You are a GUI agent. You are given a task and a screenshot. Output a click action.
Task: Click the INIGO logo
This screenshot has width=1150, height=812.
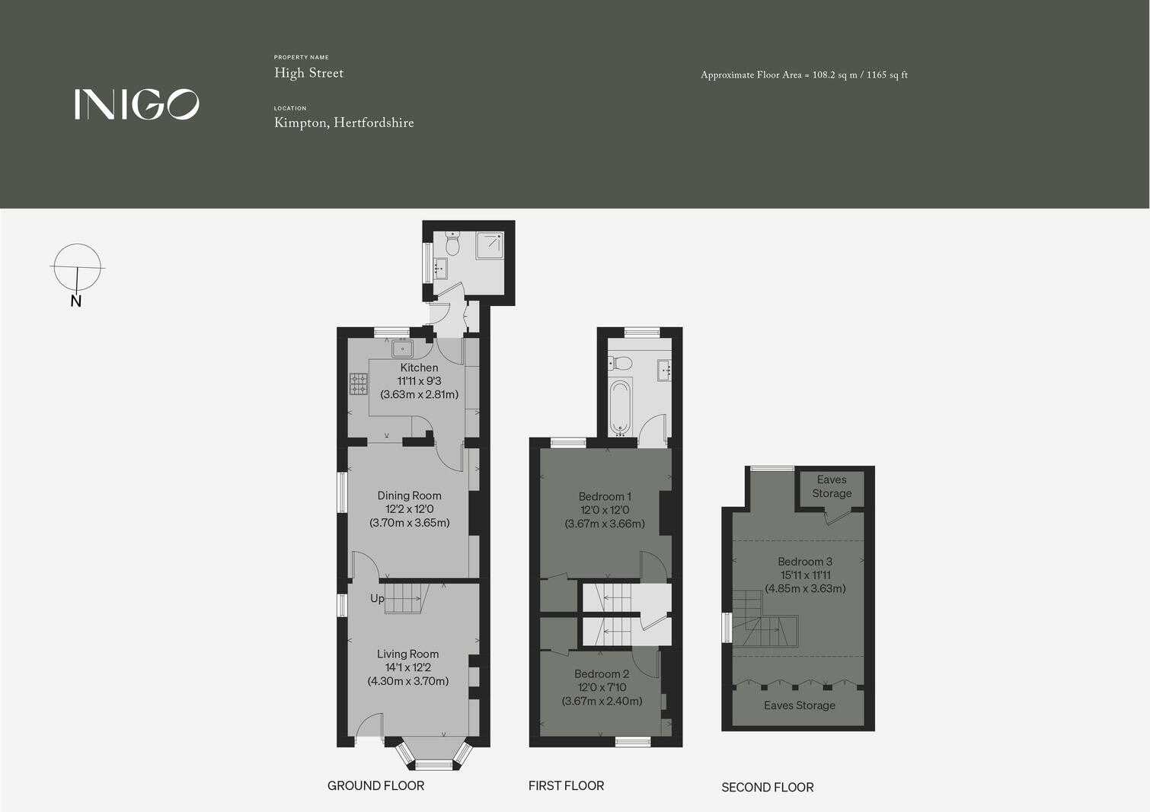(137, 104)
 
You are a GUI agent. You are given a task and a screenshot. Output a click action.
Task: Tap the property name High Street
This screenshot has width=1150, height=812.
(308, 73)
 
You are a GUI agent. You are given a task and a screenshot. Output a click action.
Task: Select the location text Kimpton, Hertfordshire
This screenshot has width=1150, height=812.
(343, 123)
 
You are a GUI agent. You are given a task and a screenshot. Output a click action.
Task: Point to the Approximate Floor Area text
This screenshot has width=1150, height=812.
(803, 75)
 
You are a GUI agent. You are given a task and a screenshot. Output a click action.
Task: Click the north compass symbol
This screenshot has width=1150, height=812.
(77, 269)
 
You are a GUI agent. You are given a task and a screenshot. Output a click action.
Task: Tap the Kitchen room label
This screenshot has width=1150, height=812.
(419, 368)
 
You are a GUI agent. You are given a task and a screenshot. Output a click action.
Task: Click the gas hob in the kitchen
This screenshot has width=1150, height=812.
(358, 384)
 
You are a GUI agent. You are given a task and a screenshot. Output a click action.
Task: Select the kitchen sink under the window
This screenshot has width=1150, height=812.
(401, 349)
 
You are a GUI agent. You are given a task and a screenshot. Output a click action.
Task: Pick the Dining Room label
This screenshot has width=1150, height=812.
(409, 495)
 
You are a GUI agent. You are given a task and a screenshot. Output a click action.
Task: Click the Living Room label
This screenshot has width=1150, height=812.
(407, 654)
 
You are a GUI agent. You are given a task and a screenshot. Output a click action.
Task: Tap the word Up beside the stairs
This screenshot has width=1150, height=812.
(377, 598)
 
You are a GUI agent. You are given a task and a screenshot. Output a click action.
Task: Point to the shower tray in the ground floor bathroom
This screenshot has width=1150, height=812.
(490, 245)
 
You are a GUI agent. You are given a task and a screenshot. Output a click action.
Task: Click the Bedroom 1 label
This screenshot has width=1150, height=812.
(605, 496)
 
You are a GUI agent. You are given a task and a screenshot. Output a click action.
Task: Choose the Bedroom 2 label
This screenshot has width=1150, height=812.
(602, 673)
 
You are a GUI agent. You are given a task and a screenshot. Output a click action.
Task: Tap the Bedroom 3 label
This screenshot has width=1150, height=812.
(805, 562)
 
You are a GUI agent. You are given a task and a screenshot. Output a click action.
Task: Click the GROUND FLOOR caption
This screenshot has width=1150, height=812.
(375, 785)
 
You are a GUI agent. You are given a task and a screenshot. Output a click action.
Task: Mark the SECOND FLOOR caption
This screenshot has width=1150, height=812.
(767, 787)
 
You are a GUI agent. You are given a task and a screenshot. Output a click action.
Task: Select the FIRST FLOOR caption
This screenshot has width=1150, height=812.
(566, 785)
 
